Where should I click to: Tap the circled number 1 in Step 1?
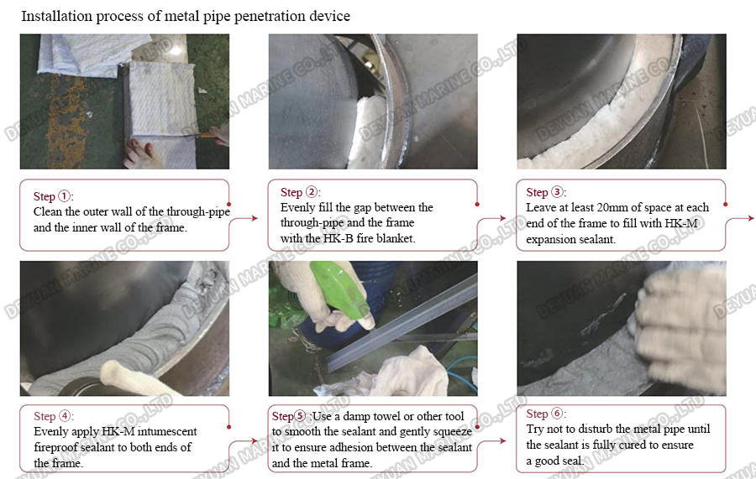pyautogui.click(x=64, y=196)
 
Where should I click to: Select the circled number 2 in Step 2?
pyautogui.click(x=312, y=192)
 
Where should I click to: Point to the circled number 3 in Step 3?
pyautogui.click(x=557, y=192)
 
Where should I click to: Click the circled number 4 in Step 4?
pyautogui.click(x=65, y=416)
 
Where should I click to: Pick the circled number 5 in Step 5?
pyautogui.click(x=300, y=416)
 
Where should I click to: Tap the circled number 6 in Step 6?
pyautogui.click(x=558, y=414)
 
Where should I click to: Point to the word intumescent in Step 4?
pyautogui.click(x=167, y=431)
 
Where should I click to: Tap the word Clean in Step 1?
pyautogui.click(x=48, y=212)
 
